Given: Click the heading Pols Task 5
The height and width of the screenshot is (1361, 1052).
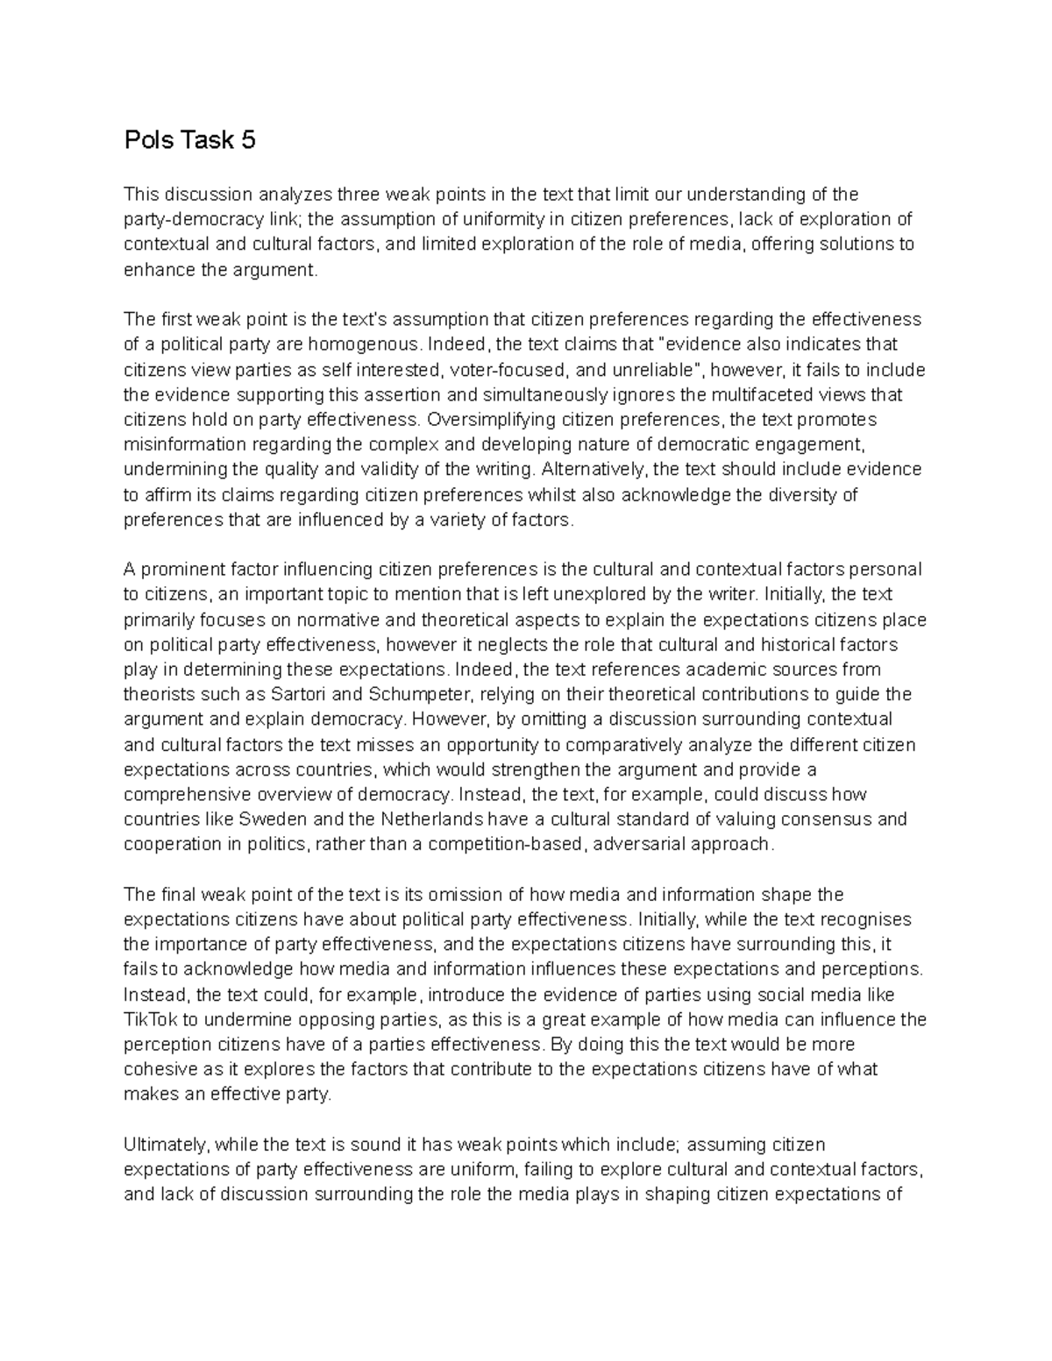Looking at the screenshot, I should [189, 140].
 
